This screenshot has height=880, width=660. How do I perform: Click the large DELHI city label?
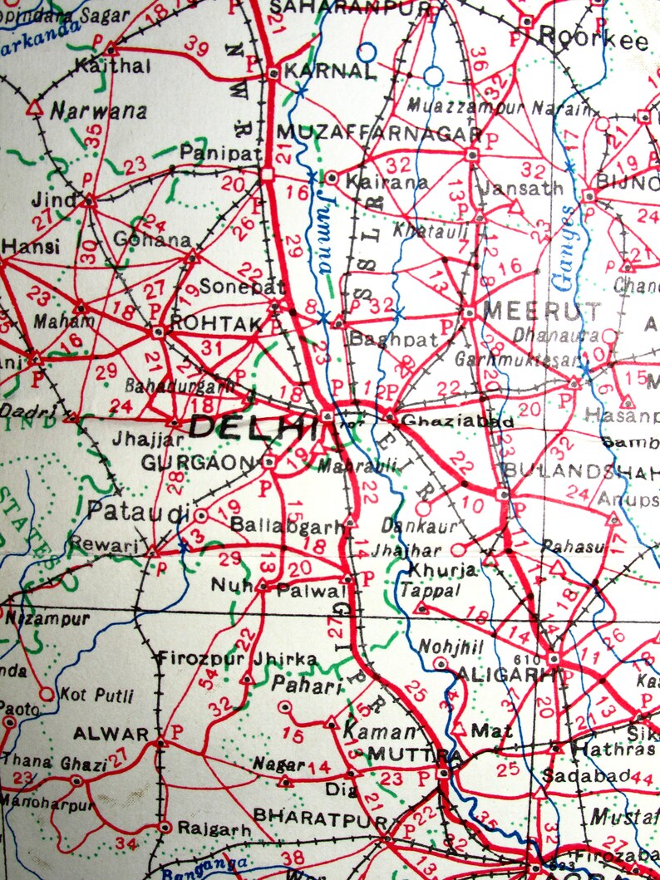click(x=254, y=427)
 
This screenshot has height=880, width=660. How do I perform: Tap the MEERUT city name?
click(x=542, y=312)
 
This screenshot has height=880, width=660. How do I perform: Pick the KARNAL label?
click(x=329, y=71)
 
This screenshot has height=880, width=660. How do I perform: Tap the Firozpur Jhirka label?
click(x=238, y=659)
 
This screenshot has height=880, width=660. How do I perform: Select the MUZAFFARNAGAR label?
click(x=378, y=133)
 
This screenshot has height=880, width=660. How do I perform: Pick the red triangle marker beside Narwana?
click(x=34, y=108)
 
